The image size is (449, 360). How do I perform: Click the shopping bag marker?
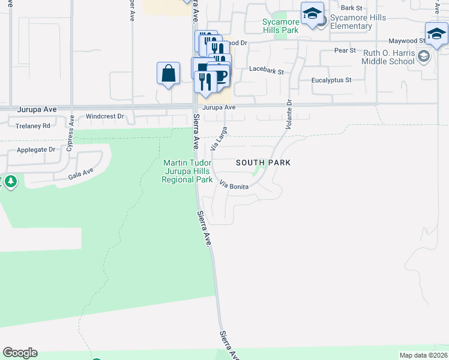click(x=169, y=74)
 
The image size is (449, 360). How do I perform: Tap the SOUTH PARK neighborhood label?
click(x=263, y=163)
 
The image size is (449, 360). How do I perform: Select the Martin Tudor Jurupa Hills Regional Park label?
click(x=188, y=171)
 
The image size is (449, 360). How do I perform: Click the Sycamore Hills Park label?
click(x=280, y=26)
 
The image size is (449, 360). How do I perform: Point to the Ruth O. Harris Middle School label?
click(x=397, y=57)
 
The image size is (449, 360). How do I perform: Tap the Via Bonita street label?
click(x=234, y=185)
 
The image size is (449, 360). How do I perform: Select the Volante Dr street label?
click(x=288, y=115)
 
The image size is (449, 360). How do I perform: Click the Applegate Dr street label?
click(x=36, y=149)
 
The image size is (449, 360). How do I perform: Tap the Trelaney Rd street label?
click(x=33, y=126)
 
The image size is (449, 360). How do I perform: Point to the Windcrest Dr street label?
click(x=104, y=116)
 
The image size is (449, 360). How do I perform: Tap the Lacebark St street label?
click(x=267, y=70)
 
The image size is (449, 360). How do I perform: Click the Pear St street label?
click(x=345, y=50)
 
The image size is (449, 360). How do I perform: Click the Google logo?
click(x=20, y=353)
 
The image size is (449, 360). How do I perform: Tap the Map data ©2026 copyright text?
click(x=423, y=355)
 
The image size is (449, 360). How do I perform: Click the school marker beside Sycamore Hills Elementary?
click(x=312, y=13)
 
